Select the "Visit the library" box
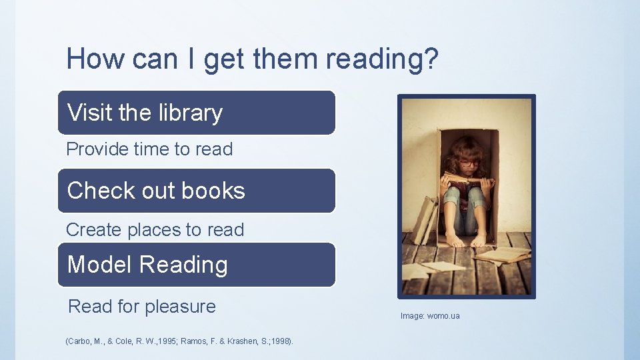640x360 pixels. (197, 113)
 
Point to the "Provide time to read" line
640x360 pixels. (149, 149)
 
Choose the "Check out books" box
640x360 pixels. (197, 191)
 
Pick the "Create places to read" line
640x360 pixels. (155, 230)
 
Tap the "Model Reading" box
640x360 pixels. (197, 265)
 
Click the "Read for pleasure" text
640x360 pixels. (142, 307)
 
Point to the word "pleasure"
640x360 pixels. (180, 307)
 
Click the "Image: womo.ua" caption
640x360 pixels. (430, 315)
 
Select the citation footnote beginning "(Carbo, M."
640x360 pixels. (179, 342)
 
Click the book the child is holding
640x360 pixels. (467, 180)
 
